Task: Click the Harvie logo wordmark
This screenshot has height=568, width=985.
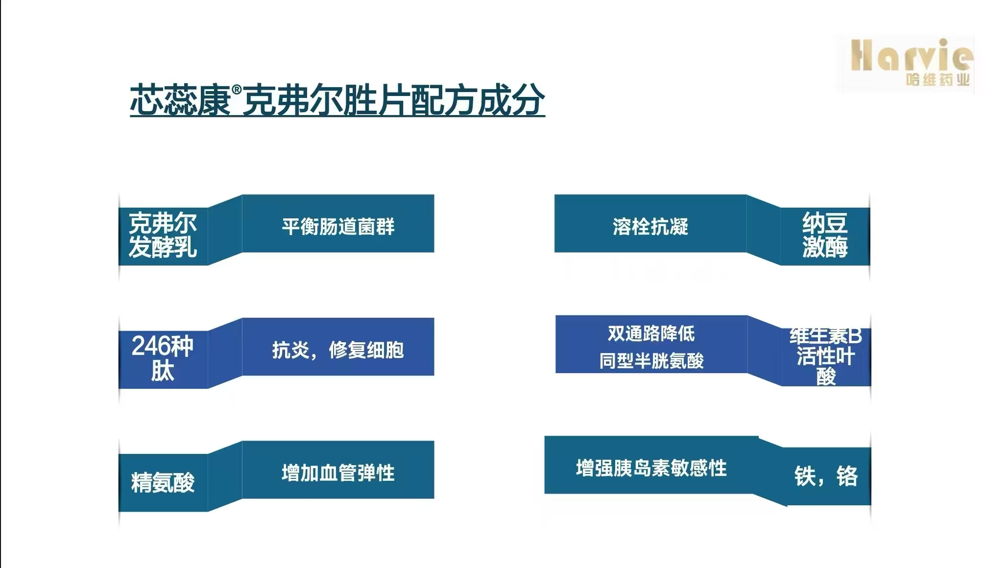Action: pyautogui.click(x=912, y=55)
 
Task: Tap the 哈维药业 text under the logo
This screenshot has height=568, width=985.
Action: pyautogui.click(x=937, y=79)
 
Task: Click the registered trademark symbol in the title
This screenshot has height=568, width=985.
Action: pyautogui.click(x=237, y=90)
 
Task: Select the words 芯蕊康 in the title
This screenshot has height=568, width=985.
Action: pyautogui.click(x=181, y=100)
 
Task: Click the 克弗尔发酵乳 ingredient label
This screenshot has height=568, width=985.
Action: pyautogui.click(x=163, y=235)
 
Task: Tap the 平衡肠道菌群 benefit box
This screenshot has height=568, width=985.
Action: pyautogui.click(x=338, y=224)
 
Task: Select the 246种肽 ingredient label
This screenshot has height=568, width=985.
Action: pyautogui.click(x=163, y=358)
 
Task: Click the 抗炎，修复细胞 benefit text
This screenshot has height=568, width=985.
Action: pyautogui.click(x=338, y=350)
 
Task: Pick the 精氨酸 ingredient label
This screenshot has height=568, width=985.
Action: pyautogui.click(x=163, y=482)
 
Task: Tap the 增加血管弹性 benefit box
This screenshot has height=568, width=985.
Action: pyautogui.click(x=338, y=470)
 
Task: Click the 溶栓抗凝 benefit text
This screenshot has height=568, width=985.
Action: pyautogui.click(x=650, y=227)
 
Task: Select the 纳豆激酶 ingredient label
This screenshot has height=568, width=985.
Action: pyautogui.click(x=825, y=235)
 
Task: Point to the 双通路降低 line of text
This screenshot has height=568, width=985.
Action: pyautogui.click(x=651, y=333)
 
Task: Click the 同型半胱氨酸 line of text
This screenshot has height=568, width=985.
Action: pyautogui.click(x=651, y=361)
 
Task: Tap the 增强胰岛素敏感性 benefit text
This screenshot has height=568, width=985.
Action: pyautogui.click(x=651, y=468)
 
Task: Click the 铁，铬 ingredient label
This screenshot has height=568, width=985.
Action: pyautogui.click(x=826, y=476)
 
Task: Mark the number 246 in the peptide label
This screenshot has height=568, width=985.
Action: pyautogui.click(x=150, y=346)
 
